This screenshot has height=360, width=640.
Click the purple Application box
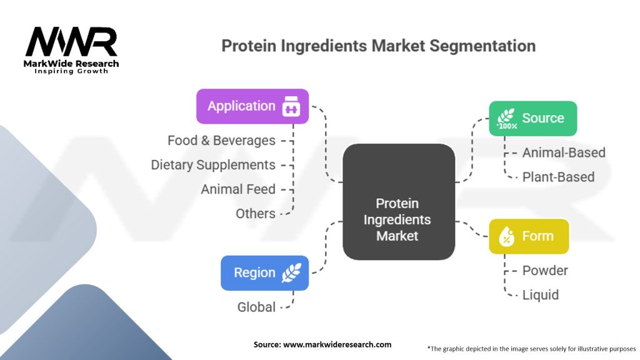pyautogui.click(x=252, y=106)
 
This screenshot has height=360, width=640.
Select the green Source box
pyautogui.click(x=532, y=118)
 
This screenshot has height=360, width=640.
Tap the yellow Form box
pyautogui.click(x=529, y=236)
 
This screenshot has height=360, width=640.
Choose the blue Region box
pyautogui.click(x=264, y=273)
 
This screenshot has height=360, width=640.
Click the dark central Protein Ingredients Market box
pyautogui.click(x=399, y=202)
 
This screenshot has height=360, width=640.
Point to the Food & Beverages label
pyautogui.click(x=221, y=141)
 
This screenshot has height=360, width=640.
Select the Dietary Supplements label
pyautogui.click(x=213, y=165)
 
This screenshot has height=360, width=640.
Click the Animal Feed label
pyautogui.click(x=238, y=189)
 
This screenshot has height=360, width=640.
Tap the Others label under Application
pyautogui.click(x=256, y=214)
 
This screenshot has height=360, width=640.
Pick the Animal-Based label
pyautogui.click(x=564, y=152)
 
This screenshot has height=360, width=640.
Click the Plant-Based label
pyautogui.click(x=558, y=177)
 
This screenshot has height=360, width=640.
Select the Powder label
pyautogui.click(x=545, y=271)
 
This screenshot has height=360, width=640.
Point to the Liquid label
pyautogui.click(x=541, y=295)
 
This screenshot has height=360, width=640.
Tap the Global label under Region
pyautogui.click(x=256, y=307)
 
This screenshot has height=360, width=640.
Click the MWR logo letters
pyautogui.click(x=71, y=41)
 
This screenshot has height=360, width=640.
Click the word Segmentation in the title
pyautogui.click(x=482, y=46)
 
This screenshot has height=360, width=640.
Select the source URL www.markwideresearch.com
pyautogui.click(x=337, y=344)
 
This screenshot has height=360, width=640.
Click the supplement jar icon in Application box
pyautogui.click(x=291, y=106)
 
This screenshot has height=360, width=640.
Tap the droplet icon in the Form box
pyautogui.click(x=506, y=236)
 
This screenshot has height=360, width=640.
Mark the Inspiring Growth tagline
pyautogui.click(x=71, y=71)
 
